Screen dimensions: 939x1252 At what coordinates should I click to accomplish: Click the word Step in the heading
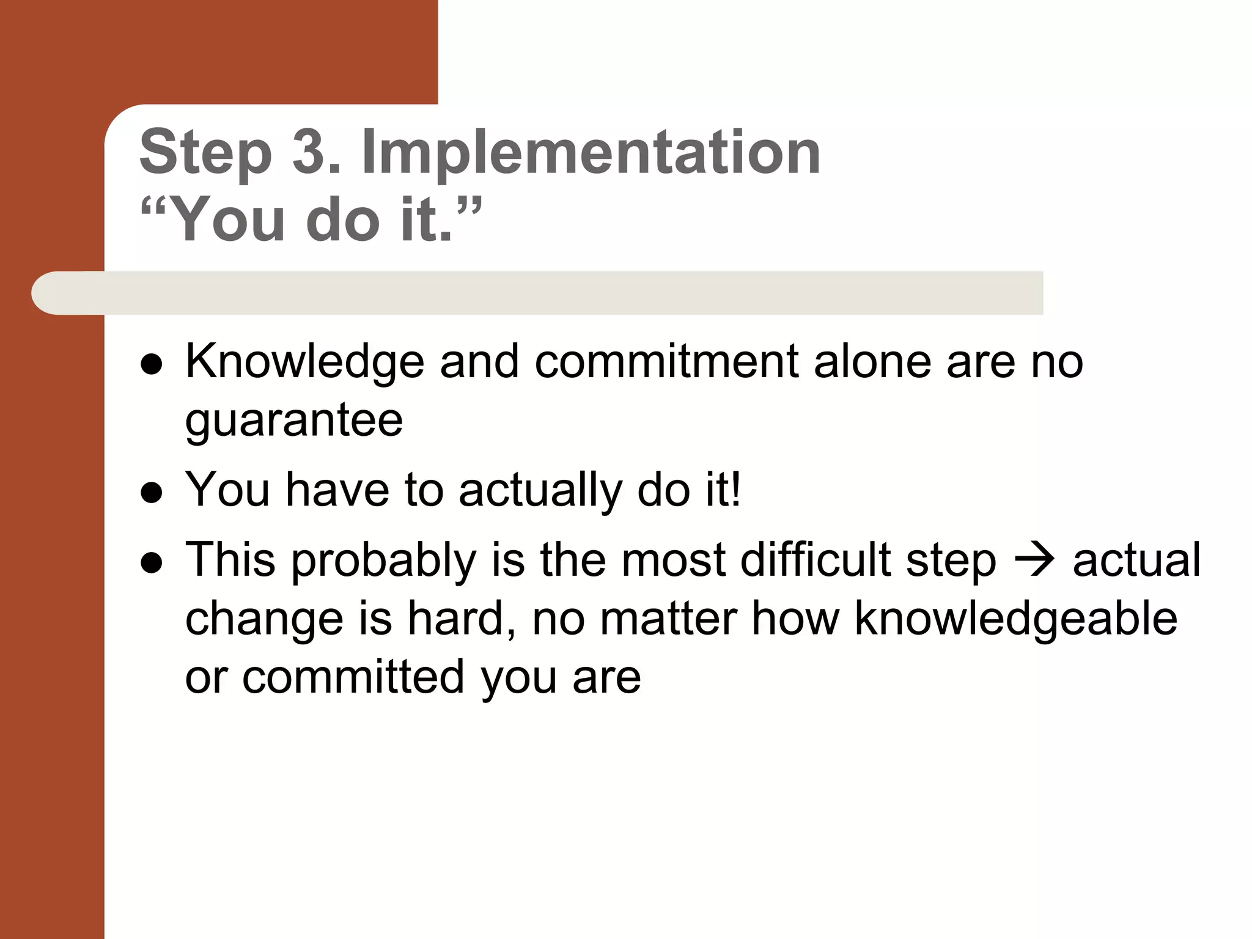tap(206, 153)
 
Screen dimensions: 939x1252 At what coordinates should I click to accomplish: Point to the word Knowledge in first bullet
tap(304, 362)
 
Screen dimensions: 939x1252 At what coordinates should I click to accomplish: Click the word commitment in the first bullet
tap(666, 362)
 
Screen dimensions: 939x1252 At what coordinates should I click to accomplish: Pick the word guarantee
tap(294, 421)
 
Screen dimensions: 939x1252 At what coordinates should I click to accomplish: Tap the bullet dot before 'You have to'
tap(151, 493)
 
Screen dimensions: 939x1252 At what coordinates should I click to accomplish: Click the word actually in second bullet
tap(540, 490)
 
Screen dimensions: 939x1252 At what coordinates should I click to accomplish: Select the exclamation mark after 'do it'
tap(735, 489)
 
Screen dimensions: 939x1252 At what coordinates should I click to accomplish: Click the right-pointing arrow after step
tap(1034, 560)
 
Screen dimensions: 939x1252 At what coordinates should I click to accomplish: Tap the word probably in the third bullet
tap(383, 561)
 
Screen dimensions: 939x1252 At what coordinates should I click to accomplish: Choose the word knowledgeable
tap(1015, 619)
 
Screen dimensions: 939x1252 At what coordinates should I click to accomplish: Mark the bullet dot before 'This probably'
tap(151, 563)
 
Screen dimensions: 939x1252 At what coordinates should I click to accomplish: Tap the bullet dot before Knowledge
tap(151, 364)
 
